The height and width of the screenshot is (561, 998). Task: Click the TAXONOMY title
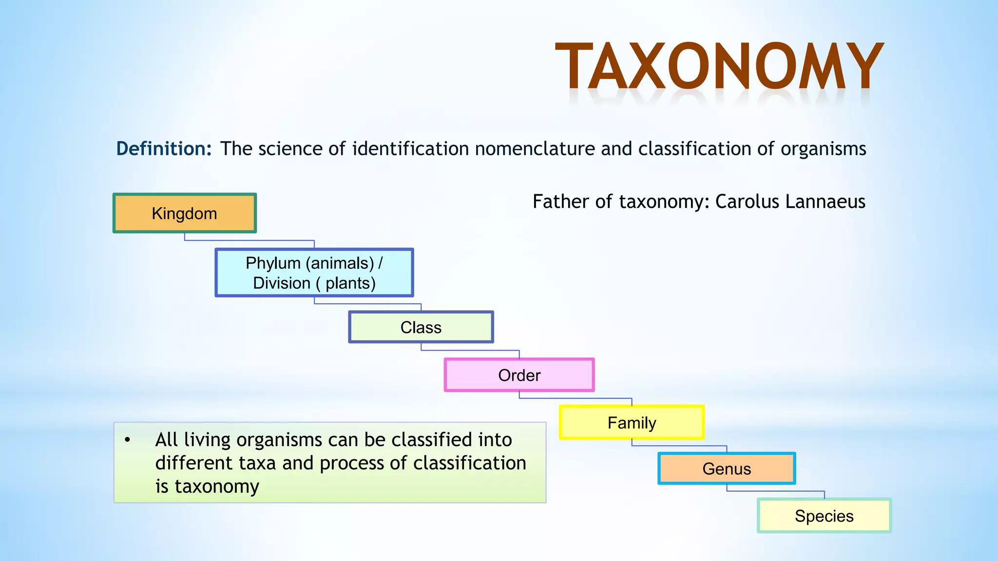[719, 67]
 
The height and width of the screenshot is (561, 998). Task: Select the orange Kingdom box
[184, 213]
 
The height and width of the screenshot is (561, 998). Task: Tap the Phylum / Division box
[314, 273]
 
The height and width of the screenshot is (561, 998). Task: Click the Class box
[421, 327]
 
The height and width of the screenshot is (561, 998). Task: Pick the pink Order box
[519, 375]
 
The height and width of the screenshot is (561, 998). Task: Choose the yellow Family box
[632, 423]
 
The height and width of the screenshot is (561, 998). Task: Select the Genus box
[727, 468]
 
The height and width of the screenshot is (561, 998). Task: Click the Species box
[824, 516]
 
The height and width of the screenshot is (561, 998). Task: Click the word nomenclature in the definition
[535, 149]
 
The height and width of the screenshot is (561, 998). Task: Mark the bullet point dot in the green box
[128, 440]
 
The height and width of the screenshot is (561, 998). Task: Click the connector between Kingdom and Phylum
[249, 241]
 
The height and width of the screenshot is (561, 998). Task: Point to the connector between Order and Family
[576, 398]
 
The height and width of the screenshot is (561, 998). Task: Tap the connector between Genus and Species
[775, 491]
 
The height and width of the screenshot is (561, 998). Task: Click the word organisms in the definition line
[823, 149]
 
